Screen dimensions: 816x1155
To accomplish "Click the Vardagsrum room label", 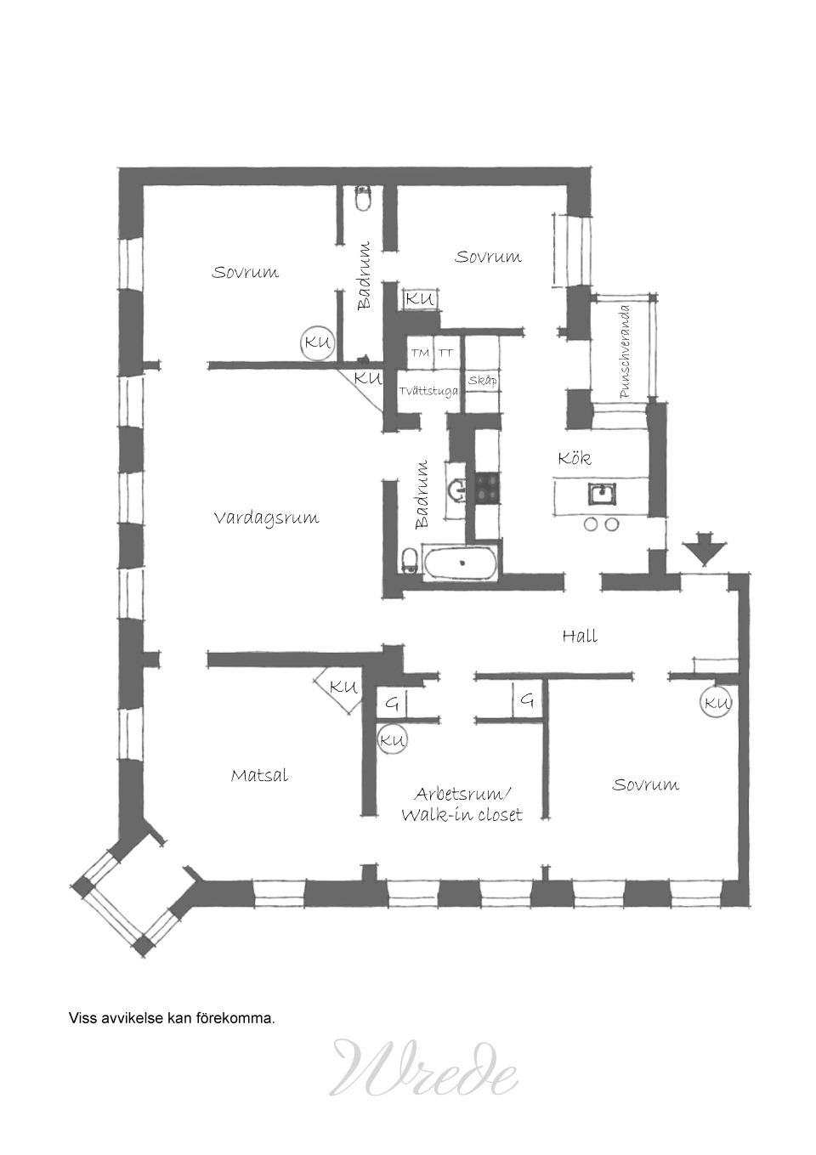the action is (266, 518).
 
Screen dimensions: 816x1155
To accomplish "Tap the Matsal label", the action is (259, 775).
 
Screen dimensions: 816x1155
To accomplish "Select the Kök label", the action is (574, 457).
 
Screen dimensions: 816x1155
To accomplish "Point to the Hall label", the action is (580, 636).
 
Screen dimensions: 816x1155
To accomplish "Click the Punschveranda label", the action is (625, 352).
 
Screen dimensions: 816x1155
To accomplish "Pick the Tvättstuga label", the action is (428, 391).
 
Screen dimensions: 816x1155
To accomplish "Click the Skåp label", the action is (483, 381).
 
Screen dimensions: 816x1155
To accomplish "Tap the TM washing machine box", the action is (421, 354).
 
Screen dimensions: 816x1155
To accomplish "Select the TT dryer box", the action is (447, 354).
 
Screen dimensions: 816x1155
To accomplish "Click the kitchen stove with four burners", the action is (487, 488).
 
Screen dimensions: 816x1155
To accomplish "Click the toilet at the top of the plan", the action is (364, 199).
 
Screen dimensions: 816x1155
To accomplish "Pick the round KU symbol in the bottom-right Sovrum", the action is (716, 702).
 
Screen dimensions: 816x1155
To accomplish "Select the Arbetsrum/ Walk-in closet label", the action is (462, 804).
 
